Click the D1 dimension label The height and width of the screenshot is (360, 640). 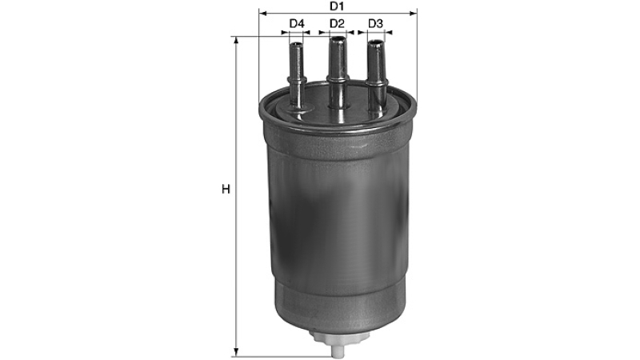click(x=337, y=6)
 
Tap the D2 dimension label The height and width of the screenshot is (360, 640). click(x=337, y=24)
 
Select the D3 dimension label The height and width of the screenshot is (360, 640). click(x=375, y=24)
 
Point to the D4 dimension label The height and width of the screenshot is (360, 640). click(x=297, y=24)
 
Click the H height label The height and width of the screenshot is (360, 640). click(x=226, y=190)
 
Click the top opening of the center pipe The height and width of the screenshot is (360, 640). click(x=337, y=40)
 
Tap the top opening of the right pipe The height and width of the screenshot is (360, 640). click(x=375, y=42)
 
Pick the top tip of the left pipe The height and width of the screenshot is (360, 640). click(x=296, y=44)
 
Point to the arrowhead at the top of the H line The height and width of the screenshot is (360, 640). click(x=235, y=39)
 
